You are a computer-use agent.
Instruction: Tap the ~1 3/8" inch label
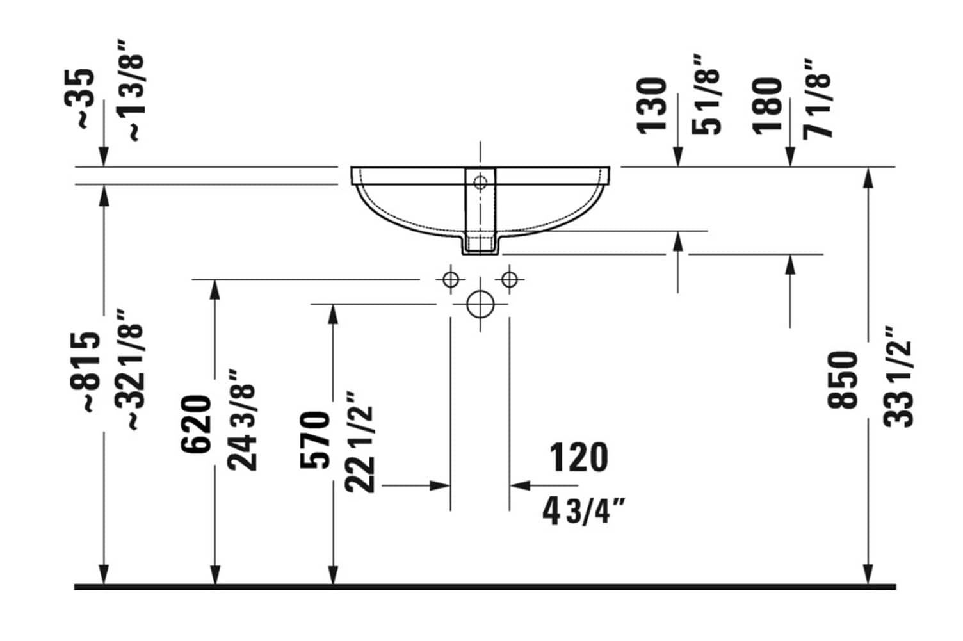point(132,90)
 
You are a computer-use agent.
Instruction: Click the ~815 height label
point(86,372)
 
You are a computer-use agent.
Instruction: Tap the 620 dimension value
point(196,425)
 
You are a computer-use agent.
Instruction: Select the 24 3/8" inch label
point(242,419)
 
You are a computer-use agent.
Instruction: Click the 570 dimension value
point(314,440)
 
